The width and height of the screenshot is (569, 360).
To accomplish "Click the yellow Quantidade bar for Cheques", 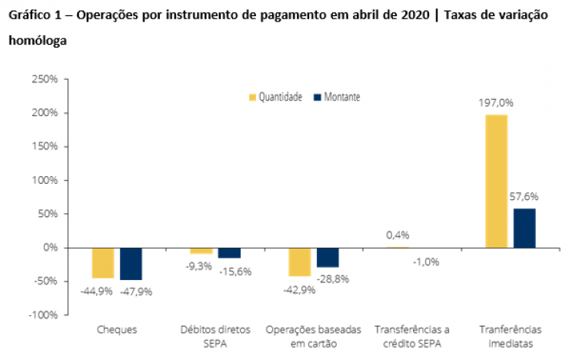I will (x=103, y=262).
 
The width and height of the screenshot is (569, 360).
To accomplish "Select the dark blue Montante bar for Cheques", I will (x=131, y=264).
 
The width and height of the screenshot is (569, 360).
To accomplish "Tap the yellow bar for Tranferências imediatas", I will (x=496, y=181).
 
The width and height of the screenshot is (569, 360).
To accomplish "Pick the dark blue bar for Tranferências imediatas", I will (x=524, y=228).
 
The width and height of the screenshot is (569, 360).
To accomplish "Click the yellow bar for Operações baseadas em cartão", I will (x=300, y=262).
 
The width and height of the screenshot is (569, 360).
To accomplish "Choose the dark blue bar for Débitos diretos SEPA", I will (x=229, y=253).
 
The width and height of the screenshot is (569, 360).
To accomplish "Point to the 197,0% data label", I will (x=496, y=102).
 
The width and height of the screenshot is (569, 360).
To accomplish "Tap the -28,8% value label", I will (x=333, y=278).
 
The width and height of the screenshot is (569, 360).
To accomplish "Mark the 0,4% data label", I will (x=398, y=235).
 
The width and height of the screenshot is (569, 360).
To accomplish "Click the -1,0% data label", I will (x=425, y=262).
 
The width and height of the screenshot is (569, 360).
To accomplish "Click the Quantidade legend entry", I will (x=275, y=97).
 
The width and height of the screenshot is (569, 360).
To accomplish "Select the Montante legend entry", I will (x=336, y=97).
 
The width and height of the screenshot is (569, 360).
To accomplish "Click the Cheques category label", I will (x=117, y=329).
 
